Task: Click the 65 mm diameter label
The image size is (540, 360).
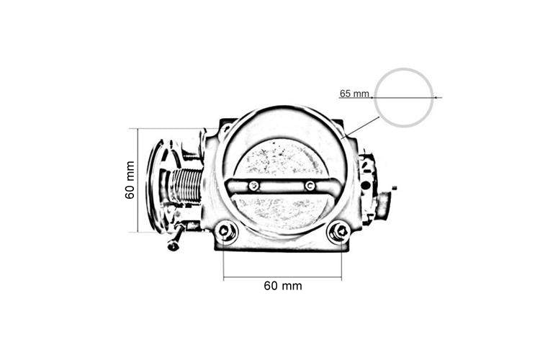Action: tap(354, 94)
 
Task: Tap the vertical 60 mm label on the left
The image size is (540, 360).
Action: tap(130, 180)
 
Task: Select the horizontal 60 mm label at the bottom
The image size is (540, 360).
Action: tap(283, 286)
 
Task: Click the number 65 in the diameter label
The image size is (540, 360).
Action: tap(345, 94)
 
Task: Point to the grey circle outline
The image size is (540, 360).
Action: tap(404, 69)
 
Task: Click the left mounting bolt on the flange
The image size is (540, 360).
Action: tap(225, 231)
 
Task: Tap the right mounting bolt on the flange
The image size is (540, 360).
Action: tap(339, 232)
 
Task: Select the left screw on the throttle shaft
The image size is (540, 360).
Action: tap(254, 186)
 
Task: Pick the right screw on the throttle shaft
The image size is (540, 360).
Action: tap(310, 186)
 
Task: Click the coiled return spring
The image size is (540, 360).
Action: tap(186, 186)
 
